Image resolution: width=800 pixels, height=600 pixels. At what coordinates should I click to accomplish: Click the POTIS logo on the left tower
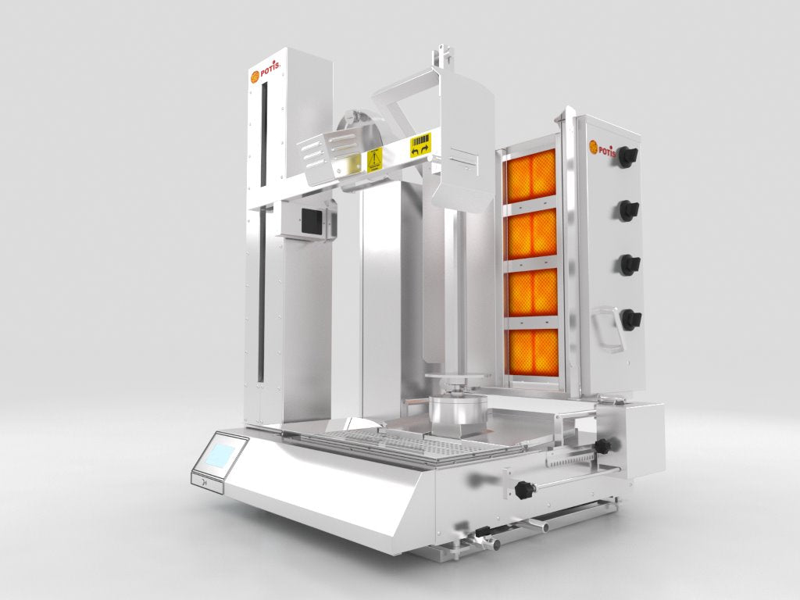265,76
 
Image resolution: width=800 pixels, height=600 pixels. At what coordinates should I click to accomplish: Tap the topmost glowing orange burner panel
531,174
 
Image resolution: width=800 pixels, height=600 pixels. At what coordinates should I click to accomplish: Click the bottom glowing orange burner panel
532,352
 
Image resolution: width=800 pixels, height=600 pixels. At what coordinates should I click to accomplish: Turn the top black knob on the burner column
627,155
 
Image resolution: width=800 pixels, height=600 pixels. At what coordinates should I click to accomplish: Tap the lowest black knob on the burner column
629,319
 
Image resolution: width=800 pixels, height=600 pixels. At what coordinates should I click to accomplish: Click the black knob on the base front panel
525,490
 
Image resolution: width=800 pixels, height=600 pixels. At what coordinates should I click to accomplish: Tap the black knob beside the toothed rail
603,445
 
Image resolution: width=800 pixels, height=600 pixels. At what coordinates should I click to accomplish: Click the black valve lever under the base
484,534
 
